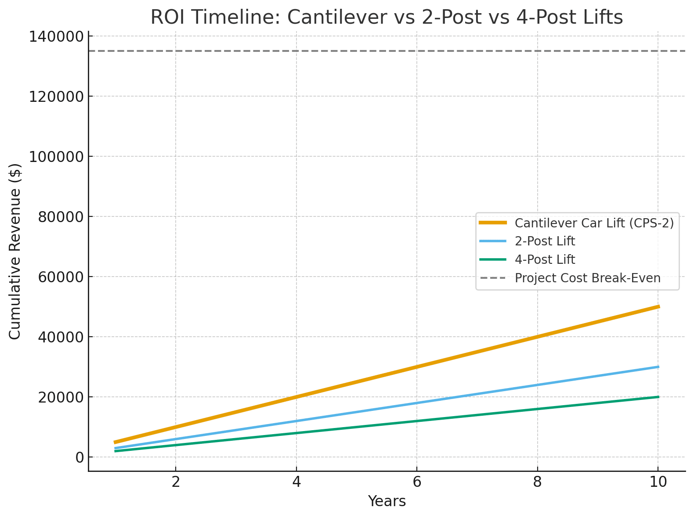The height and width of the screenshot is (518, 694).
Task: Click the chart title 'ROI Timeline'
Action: point(387,18)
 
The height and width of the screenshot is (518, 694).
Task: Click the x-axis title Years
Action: point(387,501)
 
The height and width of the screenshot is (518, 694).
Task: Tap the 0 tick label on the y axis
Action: point(79,457)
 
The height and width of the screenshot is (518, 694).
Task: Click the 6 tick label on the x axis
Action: point(417,482)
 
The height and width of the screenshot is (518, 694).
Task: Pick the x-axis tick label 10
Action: point(658,482)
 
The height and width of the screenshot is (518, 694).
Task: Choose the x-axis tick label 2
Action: point(176,482)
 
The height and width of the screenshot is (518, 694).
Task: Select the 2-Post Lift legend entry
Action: point(545,241)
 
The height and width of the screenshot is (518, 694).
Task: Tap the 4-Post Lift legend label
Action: point(545,259)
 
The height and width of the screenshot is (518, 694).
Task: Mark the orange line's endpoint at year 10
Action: point(658,306)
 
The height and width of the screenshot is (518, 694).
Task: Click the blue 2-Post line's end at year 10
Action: point(658,367)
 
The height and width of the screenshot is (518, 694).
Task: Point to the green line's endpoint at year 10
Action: point(658,397)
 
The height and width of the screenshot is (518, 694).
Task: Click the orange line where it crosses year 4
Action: point(296,397)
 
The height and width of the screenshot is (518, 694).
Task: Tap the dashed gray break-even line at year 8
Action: point(537,51)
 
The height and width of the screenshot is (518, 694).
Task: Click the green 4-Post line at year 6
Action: point(417,421)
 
